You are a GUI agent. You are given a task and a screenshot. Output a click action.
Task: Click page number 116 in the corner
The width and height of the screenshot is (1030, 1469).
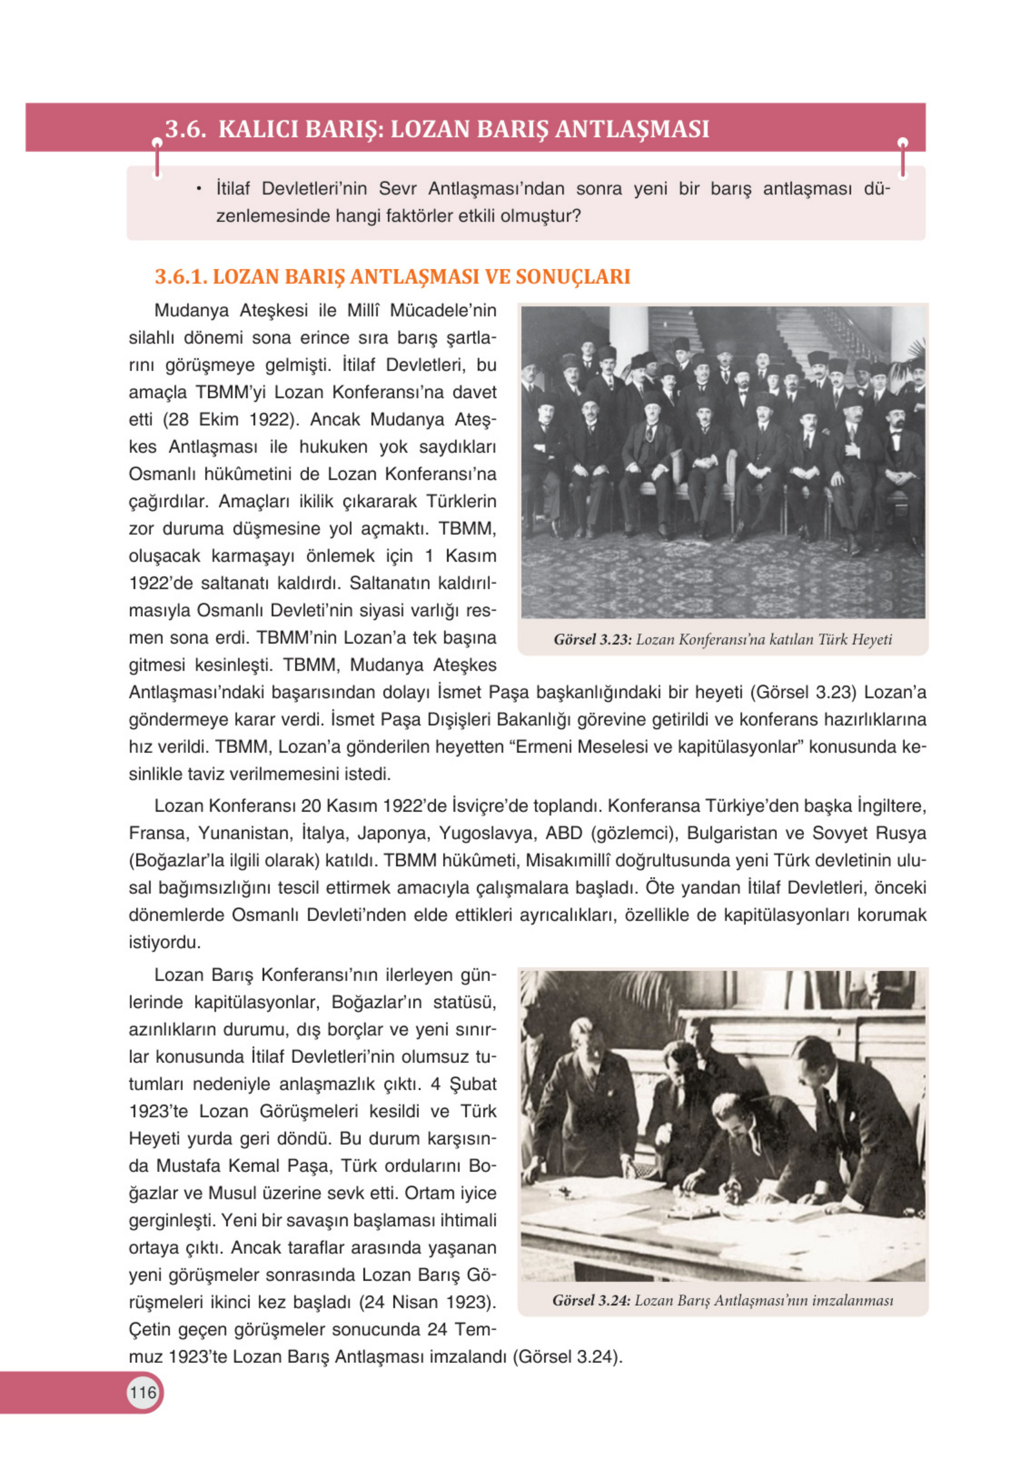click(x=142, y=1391)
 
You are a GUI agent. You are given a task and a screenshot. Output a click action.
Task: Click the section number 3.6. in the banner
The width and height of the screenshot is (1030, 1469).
click(x=185, y=129)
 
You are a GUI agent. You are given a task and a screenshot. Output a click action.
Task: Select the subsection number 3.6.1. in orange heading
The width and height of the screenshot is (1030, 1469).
click(x=181, y=276)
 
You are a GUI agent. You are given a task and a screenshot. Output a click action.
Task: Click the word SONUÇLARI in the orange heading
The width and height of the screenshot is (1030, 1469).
click(x=573, y=276)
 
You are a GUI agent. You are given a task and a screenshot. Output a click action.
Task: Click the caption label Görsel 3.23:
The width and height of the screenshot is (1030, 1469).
click(x=593, y=639)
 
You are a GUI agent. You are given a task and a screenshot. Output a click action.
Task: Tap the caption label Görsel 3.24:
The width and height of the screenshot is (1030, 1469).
click(x=592, y=1301)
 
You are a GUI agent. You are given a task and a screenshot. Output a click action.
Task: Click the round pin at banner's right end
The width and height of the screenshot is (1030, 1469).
click(x=902, y=142)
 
